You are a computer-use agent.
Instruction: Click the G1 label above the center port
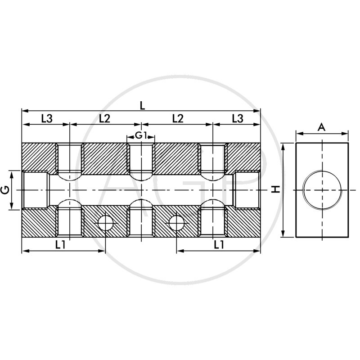coord(141,135)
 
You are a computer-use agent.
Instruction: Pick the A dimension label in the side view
coord(322,127)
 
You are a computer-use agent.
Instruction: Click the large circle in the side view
coord(322,190)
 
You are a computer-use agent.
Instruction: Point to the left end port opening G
coord(35,190)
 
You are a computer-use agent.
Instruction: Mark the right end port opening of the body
coord(247,190)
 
